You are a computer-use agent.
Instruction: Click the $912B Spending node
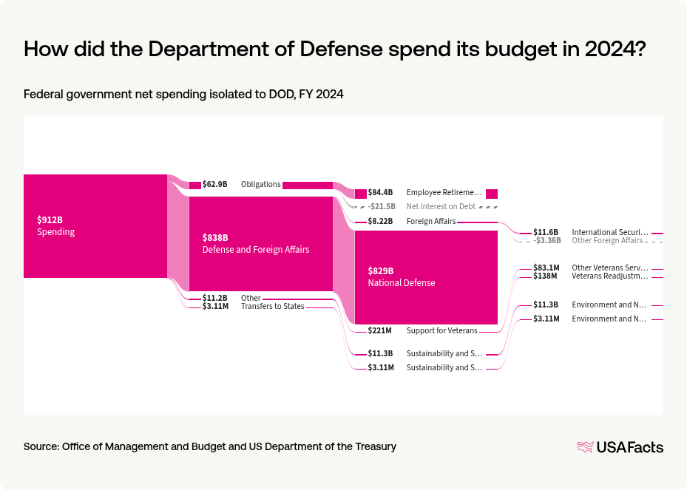[95, 226]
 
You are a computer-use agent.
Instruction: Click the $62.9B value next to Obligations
[214, 185]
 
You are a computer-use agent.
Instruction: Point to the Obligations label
[260, 185]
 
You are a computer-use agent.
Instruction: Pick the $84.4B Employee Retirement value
[381, 193]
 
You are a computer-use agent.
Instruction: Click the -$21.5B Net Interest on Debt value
[382, 207]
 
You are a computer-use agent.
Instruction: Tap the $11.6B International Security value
[546, 233]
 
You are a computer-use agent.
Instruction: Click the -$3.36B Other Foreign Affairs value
[547, 240]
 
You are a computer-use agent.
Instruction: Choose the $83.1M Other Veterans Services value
[546, 268]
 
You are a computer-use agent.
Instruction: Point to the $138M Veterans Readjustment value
[546, 276]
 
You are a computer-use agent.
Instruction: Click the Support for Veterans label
[441, 331]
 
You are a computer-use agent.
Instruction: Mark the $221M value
[379, 331]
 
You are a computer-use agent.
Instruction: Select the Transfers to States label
[272, 307]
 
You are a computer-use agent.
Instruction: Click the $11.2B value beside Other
[214, 299]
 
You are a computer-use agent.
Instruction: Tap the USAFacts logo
[620, 447]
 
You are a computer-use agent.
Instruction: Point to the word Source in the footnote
[41, 447]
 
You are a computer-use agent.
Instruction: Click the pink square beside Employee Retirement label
[492, 194]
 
